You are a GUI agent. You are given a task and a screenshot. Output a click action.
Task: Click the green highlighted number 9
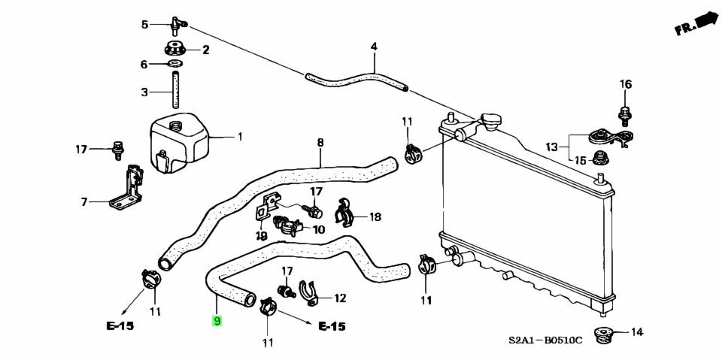[x=217, y=321]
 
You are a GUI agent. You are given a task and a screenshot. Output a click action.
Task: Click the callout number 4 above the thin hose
[x=373, y=47]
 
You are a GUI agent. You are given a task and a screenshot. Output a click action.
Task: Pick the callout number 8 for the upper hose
[x=320, y=142]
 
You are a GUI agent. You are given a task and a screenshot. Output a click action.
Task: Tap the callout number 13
[x=552, y=147]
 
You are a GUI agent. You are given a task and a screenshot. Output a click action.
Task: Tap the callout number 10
[x=318, y=230]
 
